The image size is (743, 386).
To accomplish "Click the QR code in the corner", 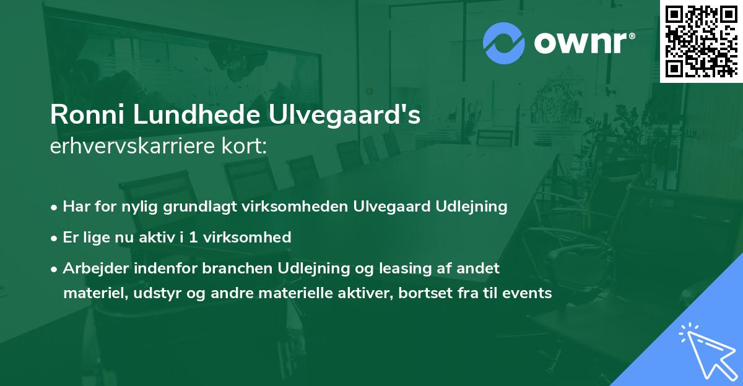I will (702, 41).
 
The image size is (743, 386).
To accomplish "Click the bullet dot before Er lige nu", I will (55, 238).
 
